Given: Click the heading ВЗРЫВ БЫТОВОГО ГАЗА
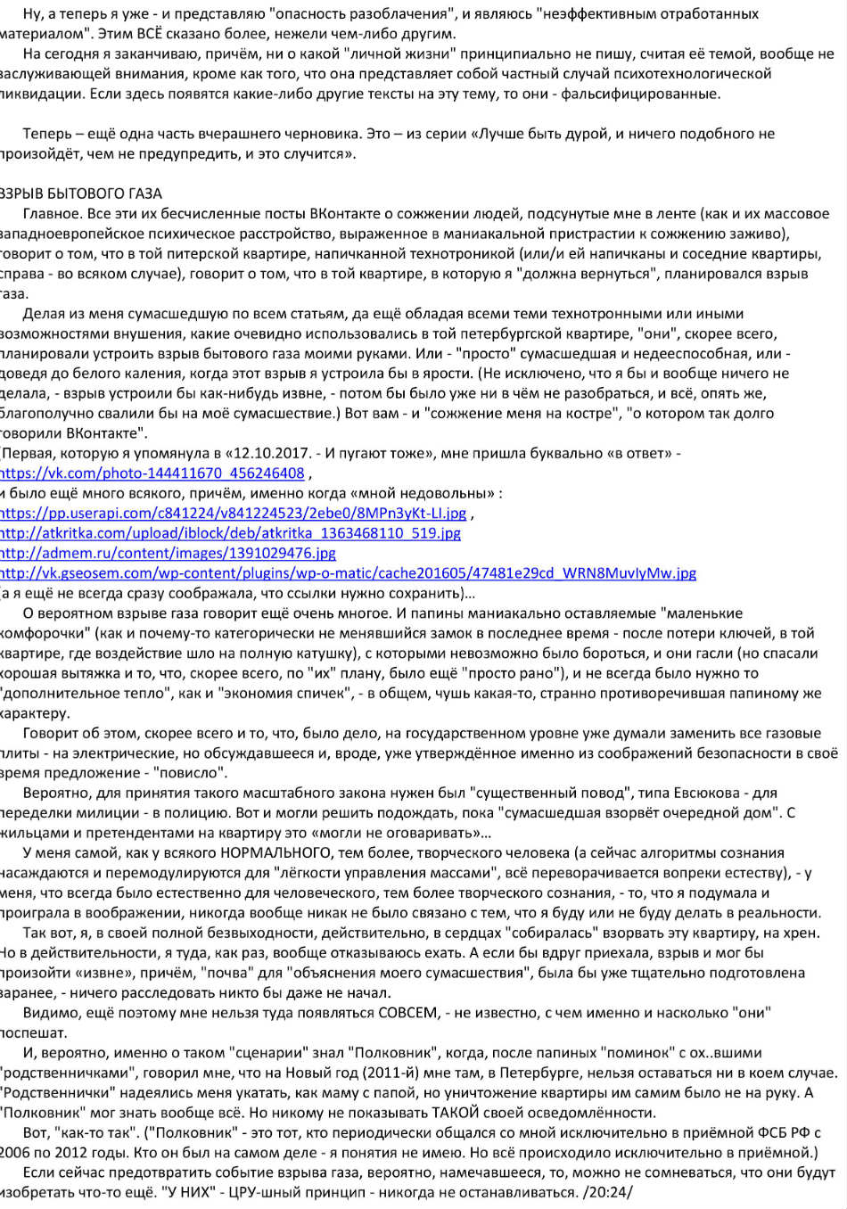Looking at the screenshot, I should pos(81,193).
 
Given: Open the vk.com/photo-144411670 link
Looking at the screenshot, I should pos(152,473).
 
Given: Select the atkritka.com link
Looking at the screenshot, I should pos(230,533).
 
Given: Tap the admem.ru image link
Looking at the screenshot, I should pos(168,553).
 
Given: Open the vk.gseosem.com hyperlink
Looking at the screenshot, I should pos(348,573).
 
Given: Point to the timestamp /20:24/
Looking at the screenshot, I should pos(607,1192).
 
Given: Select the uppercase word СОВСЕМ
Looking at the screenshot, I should pos(408,1013).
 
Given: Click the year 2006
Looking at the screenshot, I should pos(16,1153).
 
